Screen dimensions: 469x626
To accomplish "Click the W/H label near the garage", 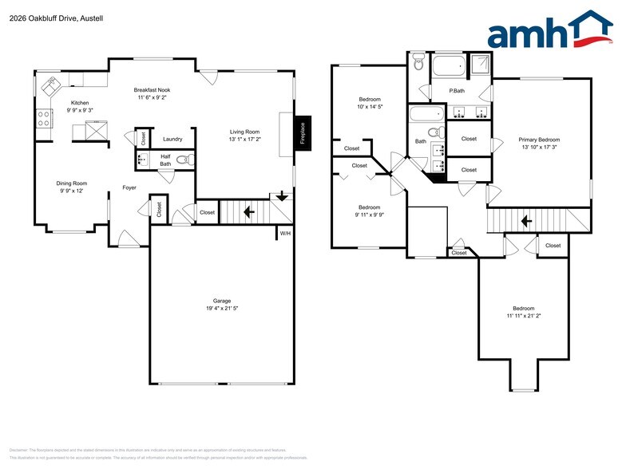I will click(284, 233).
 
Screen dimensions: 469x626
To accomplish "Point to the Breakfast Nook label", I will click(152, 90).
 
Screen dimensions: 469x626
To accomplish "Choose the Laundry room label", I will click(172, 139).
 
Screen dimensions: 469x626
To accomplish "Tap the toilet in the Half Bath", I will click(184, 160).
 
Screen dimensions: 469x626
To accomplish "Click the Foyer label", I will click(129, 188).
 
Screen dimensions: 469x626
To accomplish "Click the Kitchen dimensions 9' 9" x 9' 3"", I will click(80, 111).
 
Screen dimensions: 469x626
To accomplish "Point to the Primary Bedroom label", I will click(545, 140).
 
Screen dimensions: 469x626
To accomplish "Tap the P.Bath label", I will click(457, 91).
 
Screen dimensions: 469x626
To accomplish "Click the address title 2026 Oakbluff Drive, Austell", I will click(46, 18).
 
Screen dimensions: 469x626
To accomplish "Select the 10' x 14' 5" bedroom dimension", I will click(370, 106).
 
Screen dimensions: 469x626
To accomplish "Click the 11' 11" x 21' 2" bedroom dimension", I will click(523, 317).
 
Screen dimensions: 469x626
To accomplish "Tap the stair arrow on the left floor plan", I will click(248, 212).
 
